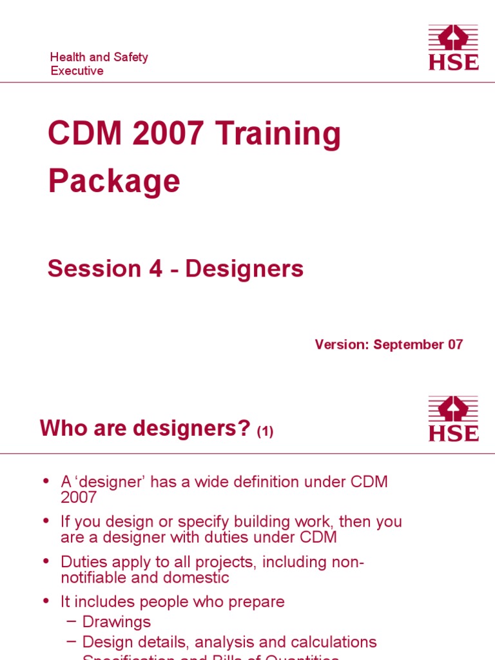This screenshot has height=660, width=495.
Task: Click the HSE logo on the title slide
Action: pyautogui.click(x=454, y=47)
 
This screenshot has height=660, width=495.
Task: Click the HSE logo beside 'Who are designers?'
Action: pyautogui.click(x=454, y=419)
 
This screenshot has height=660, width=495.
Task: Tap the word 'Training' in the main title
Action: pyautogui.click(x=278, y=135)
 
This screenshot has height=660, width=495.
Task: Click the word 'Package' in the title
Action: pyautogui.click(x=114, y=181)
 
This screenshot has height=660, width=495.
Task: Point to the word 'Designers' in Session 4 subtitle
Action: pyautogui.click(x=244, y=269)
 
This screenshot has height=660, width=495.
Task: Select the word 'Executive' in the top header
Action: pyautogui.click(x=77, y=71)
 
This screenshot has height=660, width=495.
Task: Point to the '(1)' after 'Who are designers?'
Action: pyautogui.click(x=265, y=432)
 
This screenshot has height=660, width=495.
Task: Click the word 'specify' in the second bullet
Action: pyautogui.click(x=157, y=521)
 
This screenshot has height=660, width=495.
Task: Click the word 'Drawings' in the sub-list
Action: pyautogui.click(x=117, y=622)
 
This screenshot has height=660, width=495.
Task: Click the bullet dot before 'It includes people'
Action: pyautogui.click(x=46, y=601)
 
